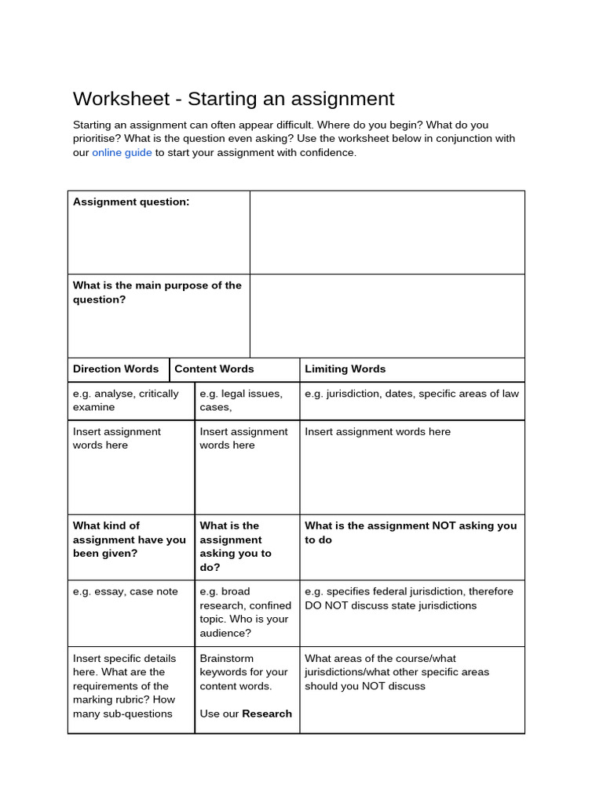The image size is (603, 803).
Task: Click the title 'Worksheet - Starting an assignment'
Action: pyautogui.click(x=233, y=99)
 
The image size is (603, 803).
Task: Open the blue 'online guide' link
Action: pyautogui.click(x=122, y=153)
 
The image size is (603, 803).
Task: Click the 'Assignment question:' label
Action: pyautogui.click(x=131, y=202)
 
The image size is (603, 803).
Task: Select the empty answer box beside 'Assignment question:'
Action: pyautogui.click(x=387, y=232)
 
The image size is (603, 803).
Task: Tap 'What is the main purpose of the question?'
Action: pyautogui.click(x=157, y=292)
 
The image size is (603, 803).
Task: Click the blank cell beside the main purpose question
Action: pyautogui.click(x=387, y=316)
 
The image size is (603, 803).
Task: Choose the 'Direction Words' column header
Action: pyautogui.click(x=115, y=369)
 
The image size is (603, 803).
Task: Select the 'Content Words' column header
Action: pyautogui.click(x=214, y=369)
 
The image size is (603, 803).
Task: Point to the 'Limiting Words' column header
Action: pyautogui.click(x=345, y=369)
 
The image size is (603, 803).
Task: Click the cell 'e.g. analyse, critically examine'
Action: pyautogui.click(x=126, y=400)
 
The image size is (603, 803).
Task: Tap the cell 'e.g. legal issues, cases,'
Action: pyautogui.click(x=241, y=400)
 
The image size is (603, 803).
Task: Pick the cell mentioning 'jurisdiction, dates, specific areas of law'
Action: pyautogui.click(x=411, y=394)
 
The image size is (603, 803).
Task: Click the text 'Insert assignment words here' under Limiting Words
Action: pyautogui.click(x=378, y=432)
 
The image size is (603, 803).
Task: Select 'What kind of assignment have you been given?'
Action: pyautogui.click(x=130, y=540)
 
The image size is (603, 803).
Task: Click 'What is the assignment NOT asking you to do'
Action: pyautogui.click(x=411, y=532)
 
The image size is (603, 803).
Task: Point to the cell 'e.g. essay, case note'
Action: pyautogui.click(x=126, y=592)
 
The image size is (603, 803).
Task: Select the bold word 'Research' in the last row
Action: pyautogui.click(x=267, y=714)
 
